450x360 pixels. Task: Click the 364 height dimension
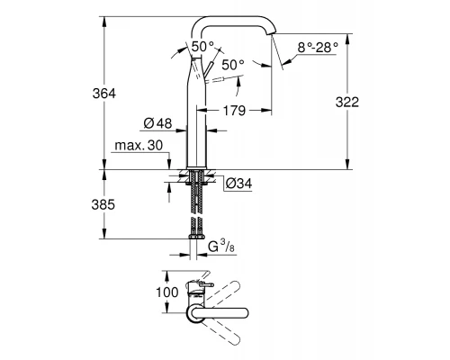103,94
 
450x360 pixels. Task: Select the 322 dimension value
347,103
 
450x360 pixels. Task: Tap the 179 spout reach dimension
234,111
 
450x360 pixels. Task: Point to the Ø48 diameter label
157,123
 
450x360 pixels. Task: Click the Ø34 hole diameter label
239,184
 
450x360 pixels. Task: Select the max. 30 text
139,146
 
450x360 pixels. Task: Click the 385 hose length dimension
103,205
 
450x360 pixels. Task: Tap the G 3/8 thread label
221,247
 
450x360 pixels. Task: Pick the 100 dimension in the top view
167,292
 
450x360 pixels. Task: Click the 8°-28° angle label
318,48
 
